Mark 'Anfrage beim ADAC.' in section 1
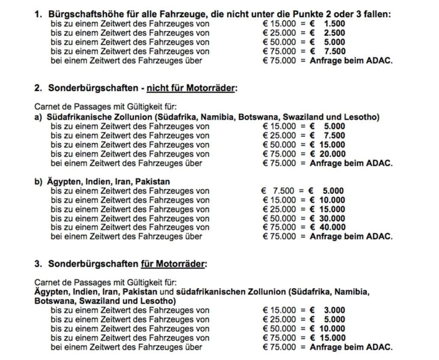[x=351, y=60]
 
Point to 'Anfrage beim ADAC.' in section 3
[x=351, y=347]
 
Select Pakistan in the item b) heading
[x=153, y=182]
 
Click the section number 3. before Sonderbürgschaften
[x=38, y=264]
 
